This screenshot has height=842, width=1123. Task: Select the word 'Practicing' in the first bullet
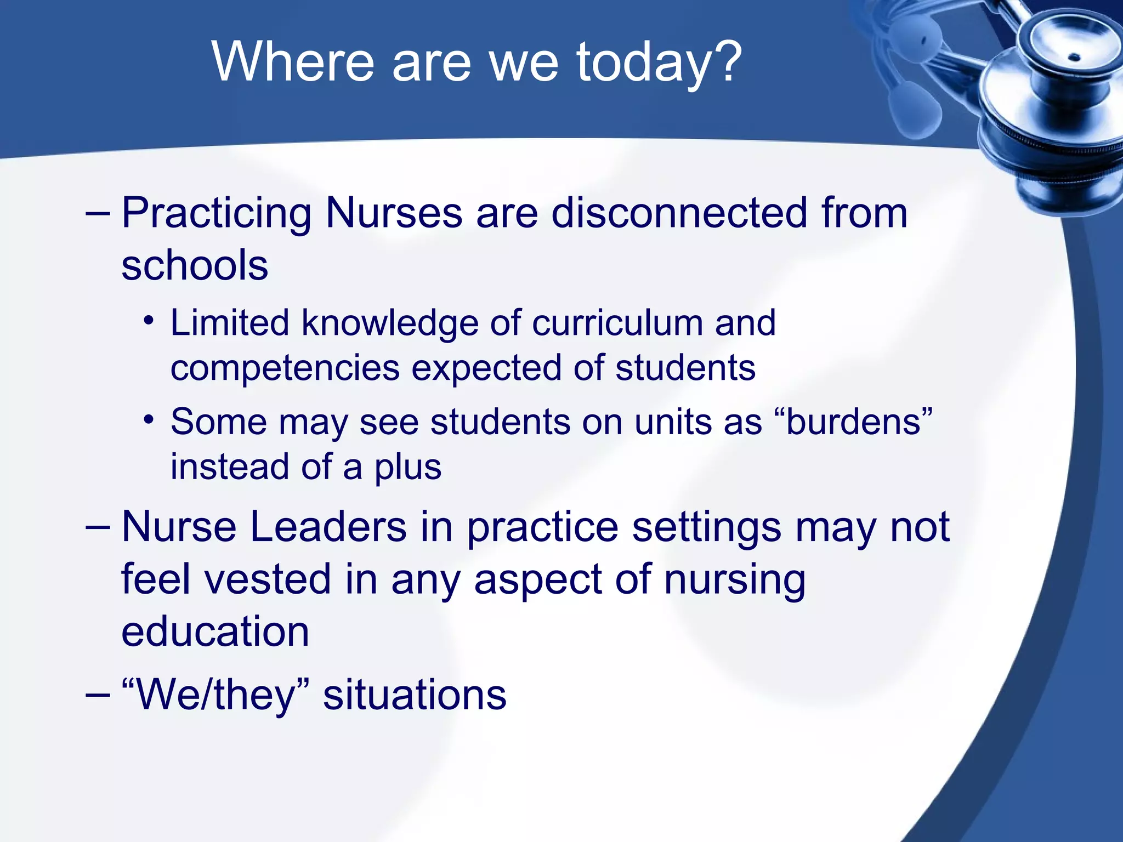217,214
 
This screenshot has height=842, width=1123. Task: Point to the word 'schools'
195,265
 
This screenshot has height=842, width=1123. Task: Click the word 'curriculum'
617,323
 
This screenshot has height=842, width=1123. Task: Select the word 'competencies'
285,368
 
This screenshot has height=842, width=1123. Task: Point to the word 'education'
215,631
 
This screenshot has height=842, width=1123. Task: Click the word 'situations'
415,695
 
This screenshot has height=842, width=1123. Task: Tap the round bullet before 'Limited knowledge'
148,322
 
